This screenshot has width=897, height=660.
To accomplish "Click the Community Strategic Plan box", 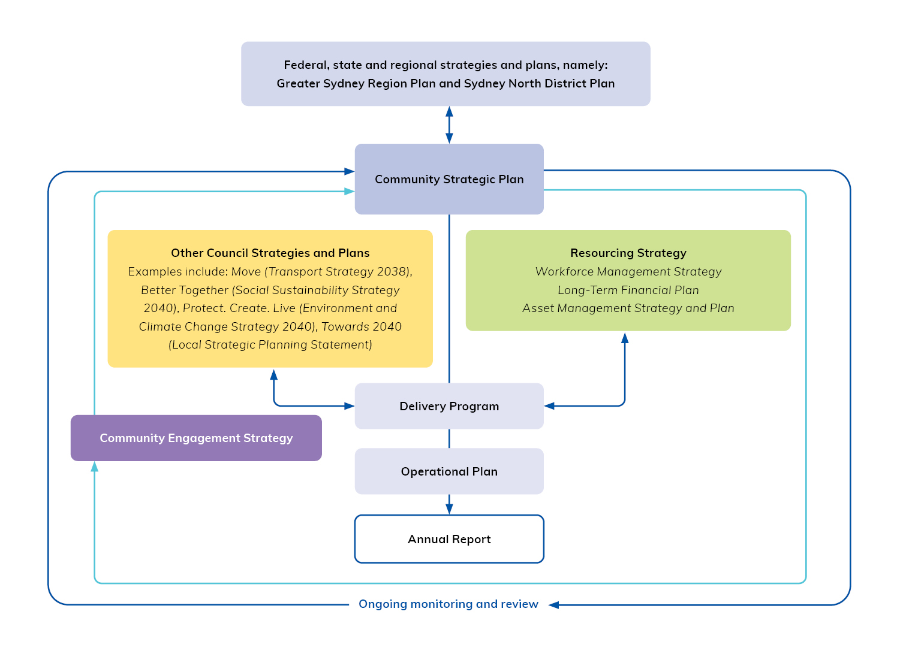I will pos(449,179).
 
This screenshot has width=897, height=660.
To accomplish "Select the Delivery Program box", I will pos(449,406).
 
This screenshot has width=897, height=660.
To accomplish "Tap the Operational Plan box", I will pos(449,471).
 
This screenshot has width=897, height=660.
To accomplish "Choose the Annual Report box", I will pos(449,539).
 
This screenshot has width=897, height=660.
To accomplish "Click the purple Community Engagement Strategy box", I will pos(196,438).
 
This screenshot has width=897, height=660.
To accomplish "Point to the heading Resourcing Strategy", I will pos(628,253).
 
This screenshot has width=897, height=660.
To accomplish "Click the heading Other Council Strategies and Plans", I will pos(270,253).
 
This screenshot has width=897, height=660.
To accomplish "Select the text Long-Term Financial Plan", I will pos(628,290).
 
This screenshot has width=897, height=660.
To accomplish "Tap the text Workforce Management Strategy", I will pos(628,271).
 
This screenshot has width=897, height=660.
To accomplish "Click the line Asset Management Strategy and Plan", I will pos(628,308).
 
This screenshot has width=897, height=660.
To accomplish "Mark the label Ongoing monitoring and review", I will pos(448,604).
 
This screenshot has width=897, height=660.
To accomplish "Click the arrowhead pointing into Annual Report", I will pos(449,508).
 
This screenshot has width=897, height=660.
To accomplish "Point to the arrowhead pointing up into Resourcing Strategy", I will pos(625,338).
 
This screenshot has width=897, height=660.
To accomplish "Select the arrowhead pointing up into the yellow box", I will pos(274,375).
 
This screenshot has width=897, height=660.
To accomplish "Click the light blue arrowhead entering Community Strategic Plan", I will pos(349,192).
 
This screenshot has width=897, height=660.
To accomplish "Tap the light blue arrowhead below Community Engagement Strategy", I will pos(95,467).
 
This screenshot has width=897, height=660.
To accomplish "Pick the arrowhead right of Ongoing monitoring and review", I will pos(554,605).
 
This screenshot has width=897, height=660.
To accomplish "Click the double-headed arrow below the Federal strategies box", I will pos(449,125).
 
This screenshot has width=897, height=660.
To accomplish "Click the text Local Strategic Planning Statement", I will pos(270,344).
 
